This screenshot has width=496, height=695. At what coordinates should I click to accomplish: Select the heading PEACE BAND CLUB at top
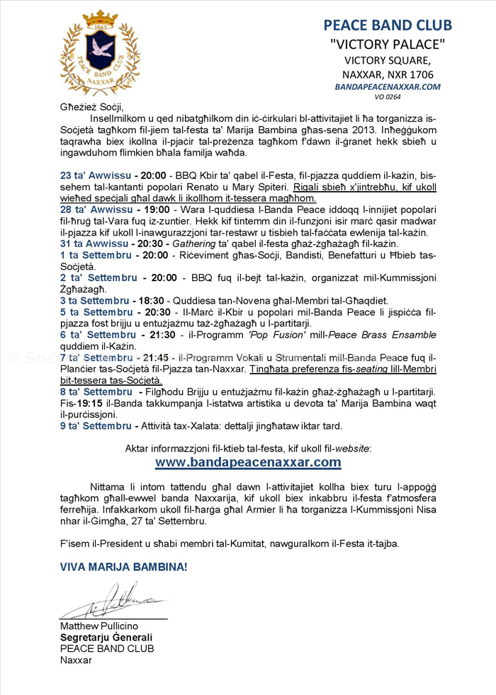[x=388, y=25]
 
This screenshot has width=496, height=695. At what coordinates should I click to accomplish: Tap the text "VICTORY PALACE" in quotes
[x=388, y=45]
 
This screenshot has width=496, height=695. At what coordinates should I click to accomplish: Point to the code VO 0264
[x=388, y=97]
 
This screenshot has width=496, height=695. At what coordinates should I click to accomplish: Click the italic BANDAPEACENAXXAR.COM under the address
[x=388, y=86]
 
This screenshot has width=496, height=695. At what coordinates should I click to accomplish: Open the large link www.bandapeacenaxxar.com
[x=248, y=462]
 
